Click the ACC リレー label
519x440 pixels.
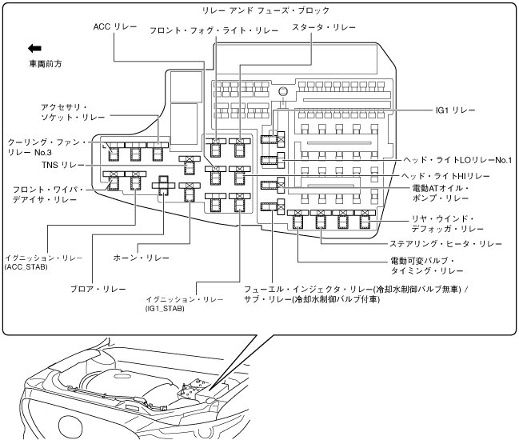(x=116, y=27)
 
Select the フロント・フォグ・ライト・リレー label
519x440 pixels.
(x=214, y=30)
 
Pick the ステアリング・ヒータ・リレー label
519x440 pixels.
(x=446, y=243)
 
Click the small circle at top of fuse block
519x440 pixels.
(x=282, y=92)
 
